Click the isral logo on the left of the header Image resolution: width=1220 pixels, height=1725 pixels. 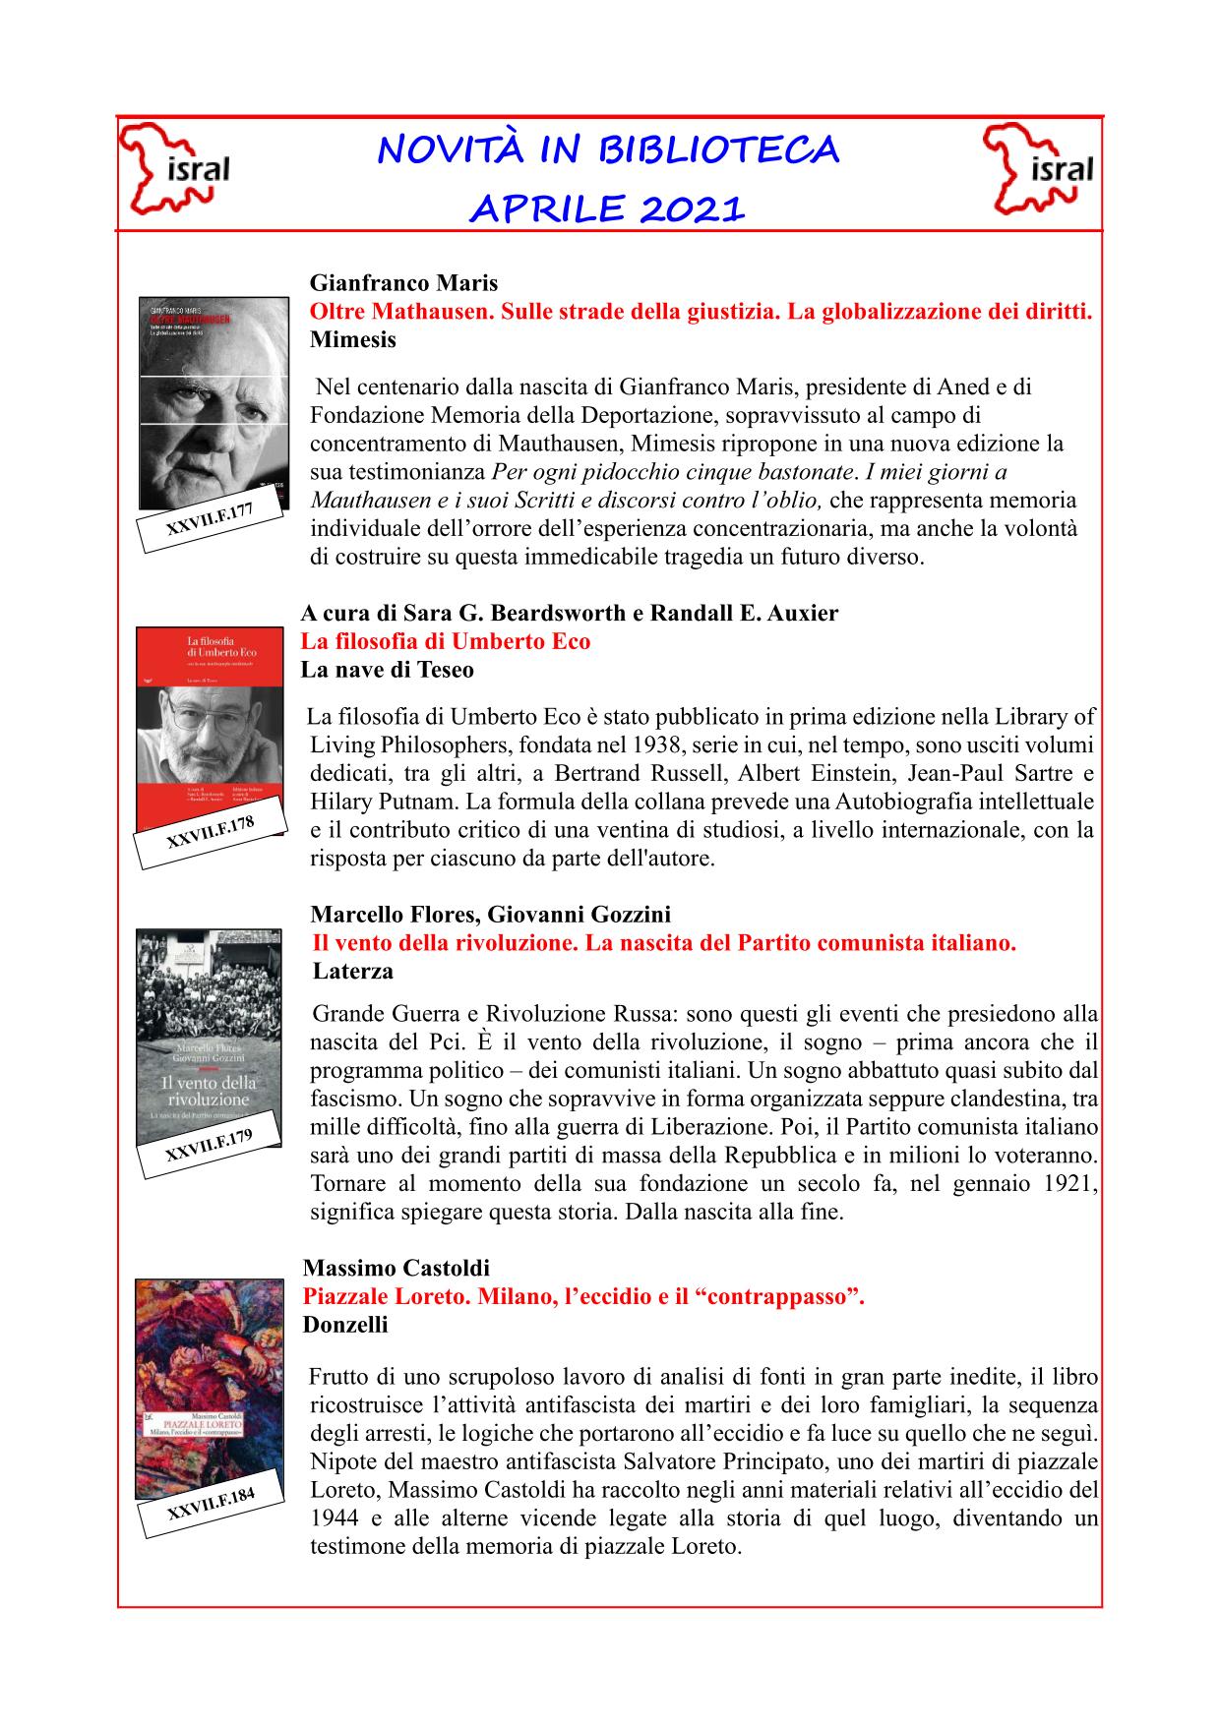tap(175, 169)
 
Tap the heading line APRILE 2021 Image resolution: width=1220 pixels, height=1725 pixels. tap(607, 208)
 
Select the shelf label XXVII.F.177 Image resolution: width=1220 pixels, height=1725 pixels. tap(210, 518)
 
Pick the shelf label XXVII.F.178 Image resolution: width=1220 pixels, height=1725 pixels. tap(210, 833)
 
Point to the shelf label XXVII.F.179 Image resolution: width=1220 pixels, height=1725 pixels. tap(210, 1146)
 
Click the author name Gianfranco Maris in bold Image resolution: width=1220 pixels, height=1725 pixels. tap(403, 284)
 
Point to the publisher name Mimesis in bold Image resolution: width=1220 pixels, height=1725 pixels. tap(353, 340)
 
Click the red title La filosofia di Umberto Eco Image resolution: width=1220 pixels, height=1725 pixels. tap(446, 642)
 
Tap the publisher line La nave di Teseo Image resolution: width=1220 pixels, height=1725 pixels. tap(388, 671)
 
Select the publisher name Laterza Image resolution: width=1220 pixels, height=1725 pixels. tap(353, 972)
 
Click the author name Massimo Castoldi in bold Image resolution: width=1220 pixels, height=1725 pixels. tap(396, 1268)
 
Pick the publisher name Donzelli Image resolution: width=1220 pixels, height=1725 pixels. tap(345, 1325)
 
